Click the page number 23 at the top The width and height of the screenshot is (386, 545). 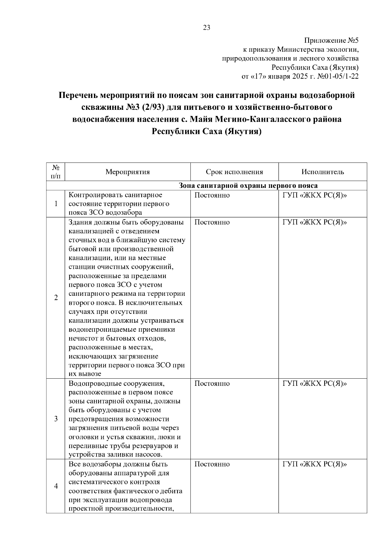pyautogui.click(x=207, y=28)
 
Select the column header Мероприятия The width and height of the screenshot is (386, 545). pyautogui.click(x=128, y=172)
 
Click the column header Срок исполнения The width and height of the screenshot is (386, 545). pyautogui.click(x=234, y=172)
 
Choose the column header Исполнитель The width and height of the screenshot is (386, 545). pyautogui.click(x=323, y=172)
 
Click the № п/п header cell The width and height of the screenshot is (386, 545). pyautogui.click(x=56, y=171)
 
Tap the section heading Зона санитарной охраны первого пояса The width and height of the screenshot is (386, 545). pyautogui.click(x=248, y=186)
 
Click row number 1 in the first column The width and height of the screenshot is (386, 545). pyautogui.click(x=56, y=204)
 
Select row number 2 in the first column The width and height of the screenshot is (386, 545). pyautogui.click(x=56, y=298)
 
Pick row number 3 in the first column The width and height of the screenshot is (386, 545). pyautogui.click(x=56, y=419)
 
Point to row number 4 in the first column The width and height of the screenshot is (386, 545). pyautogui.click(x=56, y=486)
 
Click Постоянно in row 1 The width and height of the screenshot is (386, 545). pyautogui.click(x=212, y=195)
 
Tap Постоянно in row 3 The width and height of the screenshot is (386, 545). pyautogui.click(x=212, y=383)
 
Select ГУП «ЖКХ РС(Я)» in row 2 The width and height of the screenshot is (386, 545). pyautogui.click(x=315, y=222)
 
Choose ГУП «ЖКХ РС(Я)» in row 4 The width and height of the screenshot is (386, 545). pyautogui.click(x=315, y=464)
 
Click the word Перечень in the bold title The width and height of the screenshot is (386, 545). pyautogui.click(x=78, y=96)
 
